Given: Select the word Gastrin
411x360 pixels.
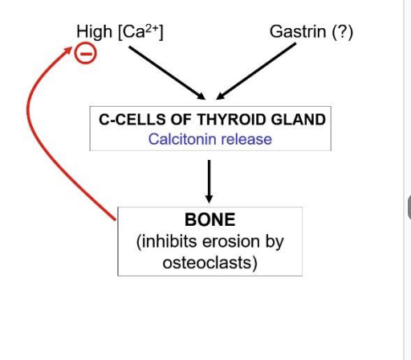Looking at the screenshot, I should tap(297, 32).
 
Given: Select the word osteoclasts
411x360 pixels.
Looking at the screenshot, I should tap(210, 263).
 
